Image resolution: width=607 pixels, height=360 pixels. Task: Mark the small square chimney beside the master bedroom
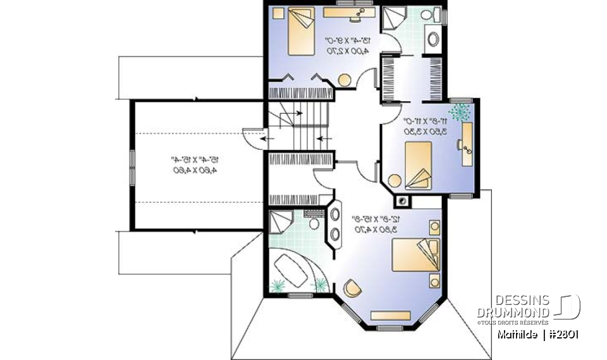(402, 202)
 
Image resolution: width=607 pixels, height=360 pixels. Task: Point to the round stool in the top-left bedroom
(345, 80)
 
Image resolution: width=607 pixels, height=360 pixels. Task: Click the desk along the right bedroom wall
(468, 143)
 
